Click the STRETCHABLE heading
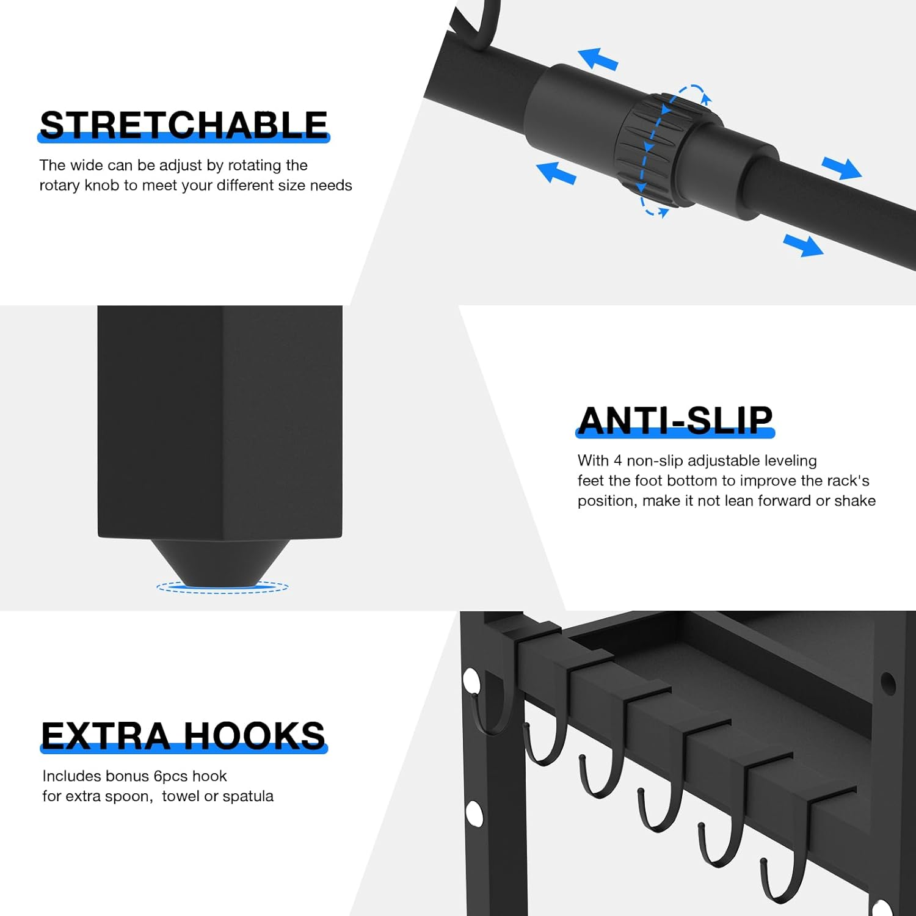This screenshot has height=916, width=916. tap(184, 125)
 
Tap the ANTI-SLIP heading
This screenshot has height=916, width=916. tap(675, 421)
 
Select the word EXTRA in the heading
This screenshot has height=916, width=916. tap(106, 736)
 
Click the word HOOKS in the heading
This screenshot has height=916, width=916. tap(255, 736)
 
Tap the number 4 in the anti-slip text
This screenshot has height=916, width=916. tap(617, 460)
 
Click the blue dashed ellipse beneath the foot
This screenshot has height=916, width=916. tap(222, 587)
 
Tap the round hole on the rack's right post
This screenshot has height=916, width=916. tap(888, 683)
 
